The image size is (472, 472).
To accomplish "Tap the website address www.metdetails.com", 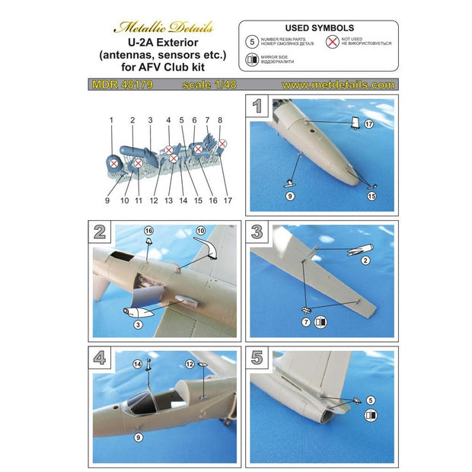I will coord(341,85).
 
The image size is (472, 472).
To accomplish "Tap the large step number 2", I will coord(99,231).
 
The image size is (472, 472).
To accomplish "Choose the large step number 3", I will coord(259,231).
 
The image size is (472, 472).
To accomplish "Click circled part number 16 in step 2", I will coord(149,230).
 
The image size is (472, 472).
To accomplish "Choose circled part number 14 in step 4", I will coord(139,366).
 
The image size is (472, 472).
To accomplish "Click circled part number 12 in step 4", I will coord(188,366).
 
